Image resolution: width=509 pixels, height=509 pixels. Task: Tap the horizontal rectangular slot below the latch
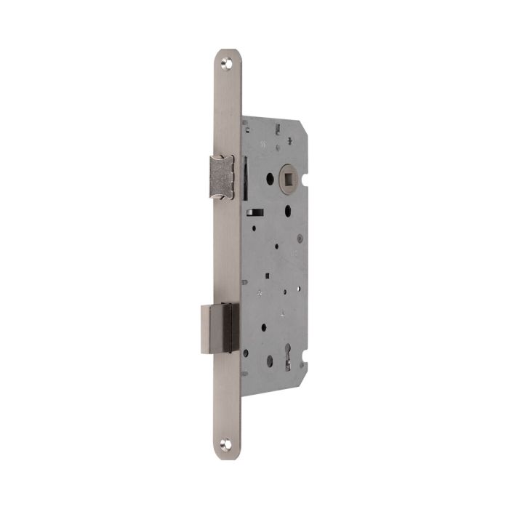[x=256, y=212]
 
